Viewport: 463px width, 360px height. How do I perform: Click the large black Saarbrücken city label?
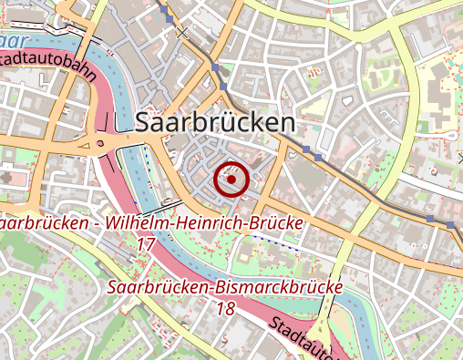point(214,123)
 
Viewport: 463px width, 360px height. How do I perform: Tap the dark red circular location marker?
point(232,180)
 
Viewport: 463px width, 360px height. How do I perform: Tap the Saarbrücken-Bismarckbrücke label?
point(224,288)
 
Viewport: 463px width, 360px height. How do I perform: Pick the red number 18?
point(225,309)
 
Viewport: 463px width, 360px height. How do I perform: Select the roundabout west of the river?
point(98,144)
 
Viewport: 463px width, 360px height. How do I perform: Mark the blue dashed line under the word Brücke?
point(276,241)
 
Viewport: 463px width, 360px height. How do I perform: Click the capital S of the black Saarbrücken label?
point(143,123)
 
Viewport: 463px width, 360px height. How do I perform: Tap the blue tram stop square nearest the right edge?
point(450,224)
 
